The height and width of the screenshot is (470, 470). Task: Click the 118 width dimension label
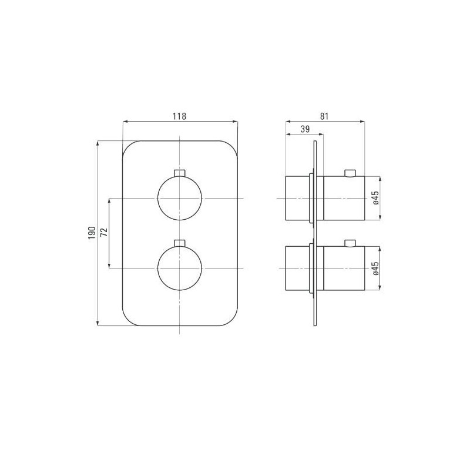179,116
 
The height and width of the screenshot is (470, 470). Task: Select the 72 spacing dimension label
104,233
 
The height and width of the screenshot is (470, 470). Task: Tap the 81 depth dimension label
324,116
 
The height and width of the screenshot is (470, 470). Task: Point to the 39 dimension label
305,130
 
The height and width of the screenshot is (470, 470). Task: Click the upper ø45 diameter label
375,198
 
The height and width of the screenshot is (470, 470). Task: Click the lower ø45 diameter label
375,268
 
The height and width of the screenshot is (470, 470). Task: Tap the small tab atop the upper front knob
180,173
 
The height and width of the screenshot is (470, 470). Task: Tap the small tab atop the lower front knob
180,242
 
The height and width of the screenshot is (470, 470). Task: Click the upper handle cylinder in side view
344,198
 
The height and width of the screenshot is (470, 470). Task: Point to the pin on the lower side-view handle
350,242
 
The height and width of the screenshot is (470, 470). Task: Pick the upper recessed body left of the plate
297,198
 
